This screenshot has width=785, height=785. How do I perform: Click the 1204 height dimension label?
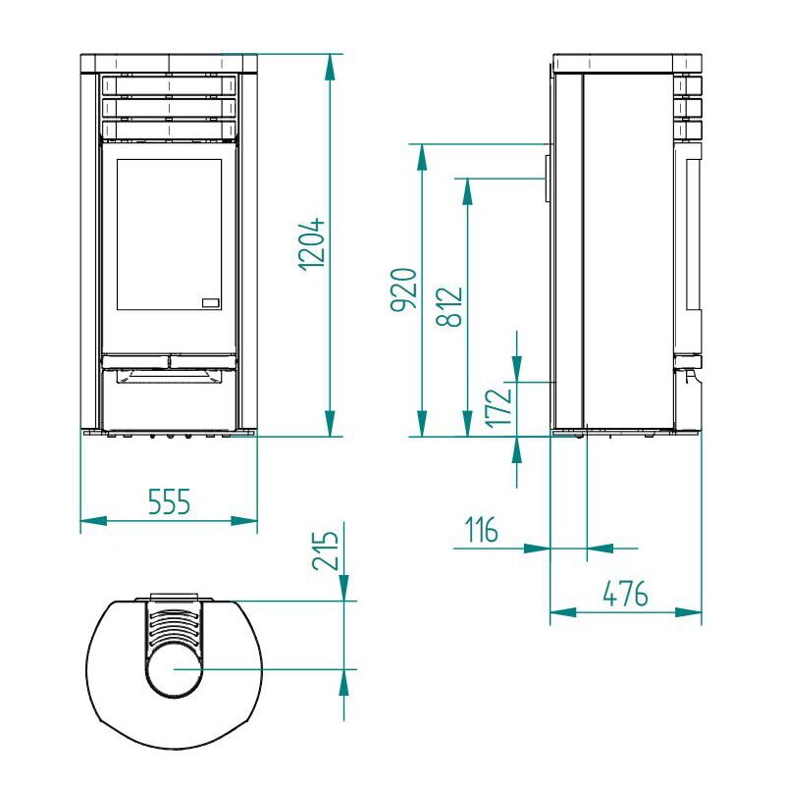click(x=312, y=243)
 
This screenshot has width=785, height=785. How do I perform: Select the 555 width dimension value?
click(x=168, y=502)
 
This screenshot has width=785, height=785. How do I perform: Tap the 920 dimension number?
click(x=404, y=290)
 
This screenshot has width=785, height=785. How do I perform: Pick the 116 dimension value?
click(x=481, y=532)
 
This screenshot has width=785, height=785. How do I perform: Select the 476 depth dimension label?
click(x=625, y=594)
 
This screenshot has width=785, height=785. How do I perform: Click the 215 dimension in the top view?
click(x=328, y=551)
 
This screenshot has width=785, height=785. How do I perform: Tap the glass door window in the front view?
click(x=169, y=234)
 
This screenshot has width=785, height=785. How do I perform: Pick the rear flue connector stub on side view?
click(x=544, y=177)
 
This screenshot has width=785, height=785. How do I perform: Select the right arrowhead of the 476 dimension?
click(x=696, y=612)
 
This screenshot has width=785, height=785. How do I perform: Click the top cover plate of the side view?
click(x=628, y=64)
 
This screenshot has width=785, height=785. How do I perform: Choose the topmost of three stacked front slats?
click(x=168, y=85)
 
